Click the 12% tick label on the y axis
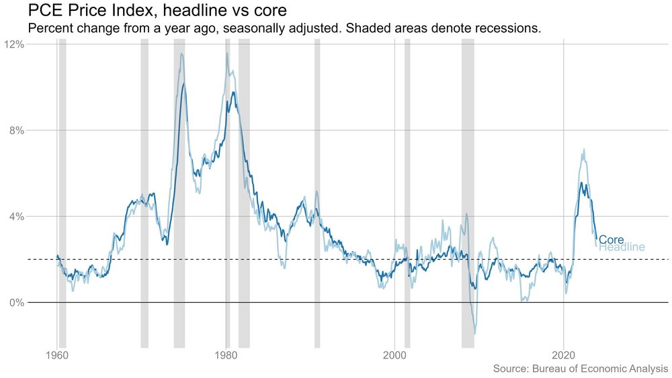pyautogui.click(x=15, y=44)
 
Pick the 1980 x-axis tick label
pyautogui.click(x=226, y=354)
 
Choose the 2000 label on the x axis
pyautogui.click(x=395, y=354)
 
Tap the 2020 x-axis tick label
pyautogui.click(x=564, y=354)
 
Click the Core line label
pyautogui.click(x=611, y=240)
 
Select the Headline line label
pyautogui.click(x=622, y=248)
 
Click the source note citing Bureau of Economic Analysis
pyautogui.click(x=581, y=369)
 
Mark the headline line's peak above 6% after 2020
pyautogui.click(x=584, y=150)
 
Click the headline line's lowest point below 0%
pyautogui.click(x=475, y=334)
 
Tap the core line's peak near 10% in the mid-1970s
pyautogui.click(x=183, y=85)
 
